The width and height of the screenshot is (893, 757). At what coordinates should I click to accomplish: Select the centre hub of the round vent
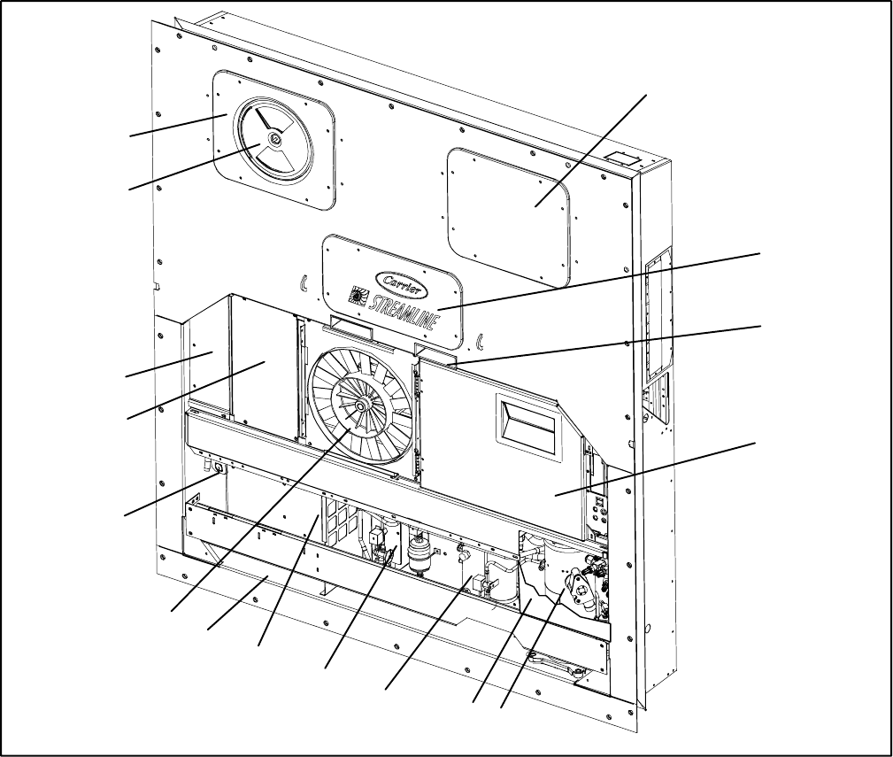[275, 138]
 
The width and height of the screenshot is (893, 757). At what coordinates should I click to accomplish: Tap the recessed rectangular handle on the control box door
[527, 428]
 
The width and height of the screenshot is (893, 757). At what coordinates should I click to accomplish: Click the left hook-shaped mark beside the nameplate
[304, 283]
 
